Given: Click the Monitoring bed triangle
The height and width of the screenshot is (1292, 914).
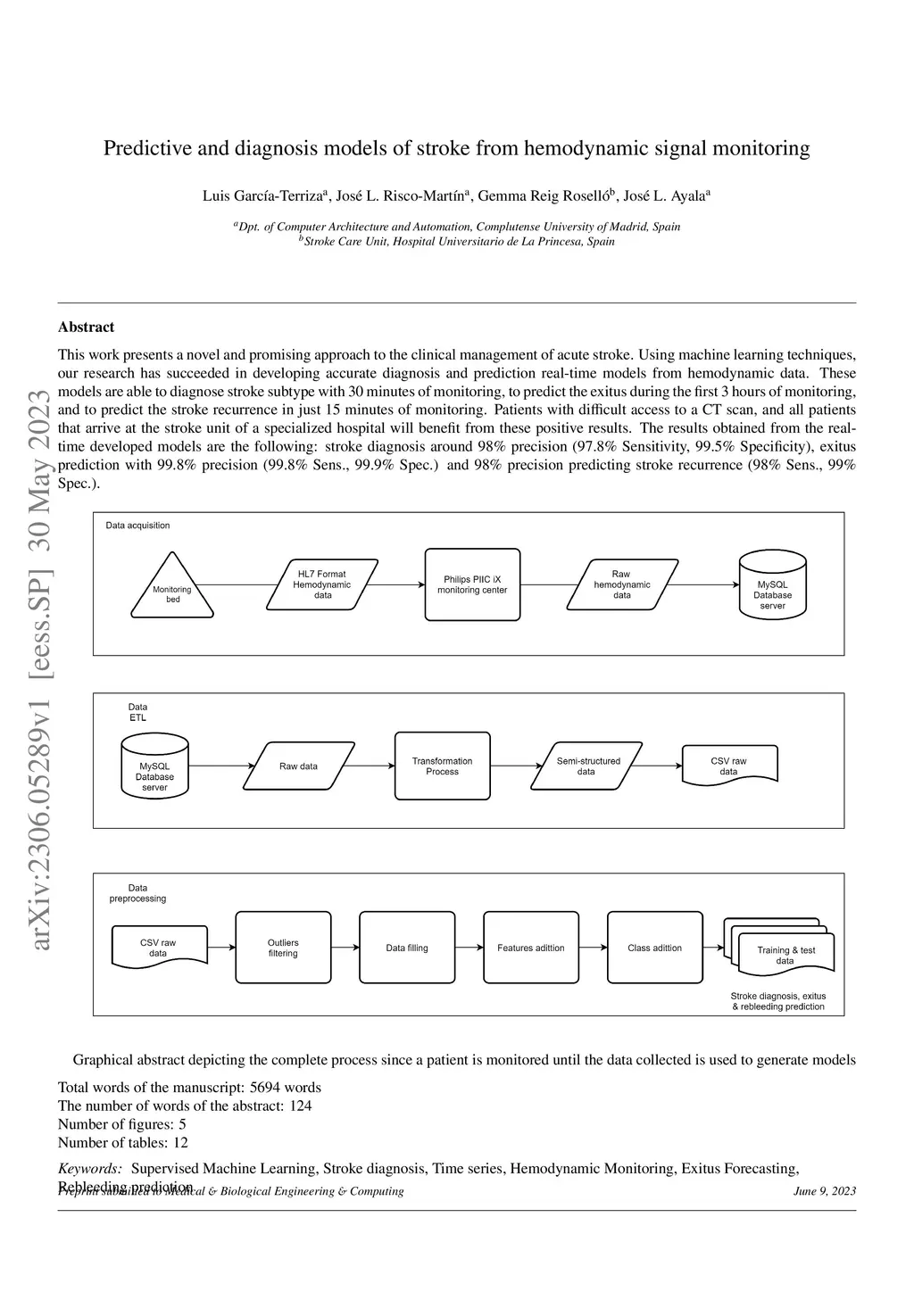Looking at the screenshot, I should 172,590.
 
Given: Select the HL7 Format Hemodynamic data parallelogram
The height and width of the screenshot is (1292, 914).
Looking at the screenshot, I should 322,584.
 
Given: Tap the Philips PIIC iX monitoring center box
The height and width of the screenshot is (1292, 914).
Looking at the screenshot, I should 472,584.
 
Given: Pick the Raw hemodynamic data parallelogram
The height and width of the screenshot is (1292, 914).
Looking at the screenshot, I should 622,584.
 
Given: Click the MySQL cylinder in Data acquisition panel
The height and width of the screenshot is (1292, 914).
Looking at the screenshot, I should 773,588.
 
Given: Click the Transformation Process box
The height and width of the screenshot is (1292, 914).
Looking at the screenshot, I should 443,766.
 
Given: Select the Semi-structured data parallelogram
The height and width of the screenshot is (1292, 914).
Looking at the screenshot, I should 586,766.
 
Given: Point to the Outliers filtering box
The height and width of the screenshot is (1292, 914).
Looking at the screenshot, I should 283,948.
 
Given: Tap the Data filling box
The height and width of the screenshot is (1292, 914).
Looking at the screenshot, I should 407,948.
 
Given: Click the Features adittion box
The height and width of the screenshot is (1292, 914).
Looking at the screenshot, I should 531,948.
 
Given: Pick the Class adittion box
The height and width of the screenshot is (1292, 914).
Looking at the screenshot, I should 654,948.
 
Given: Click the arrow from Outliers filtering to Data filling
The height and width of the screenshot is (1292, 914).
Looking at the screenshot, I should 345,948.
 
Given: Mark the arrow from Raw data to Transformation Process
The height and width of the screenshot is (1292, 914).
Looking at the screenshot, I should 370,766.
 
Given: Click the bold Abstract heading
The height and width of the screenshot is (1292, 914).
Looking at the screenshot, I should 86,327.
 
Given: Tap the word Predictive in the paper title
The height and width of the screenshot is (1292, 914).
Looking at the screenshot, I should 147,148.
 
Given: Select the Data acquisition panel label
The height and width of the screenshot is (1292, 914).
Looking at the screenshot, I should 137,526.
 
